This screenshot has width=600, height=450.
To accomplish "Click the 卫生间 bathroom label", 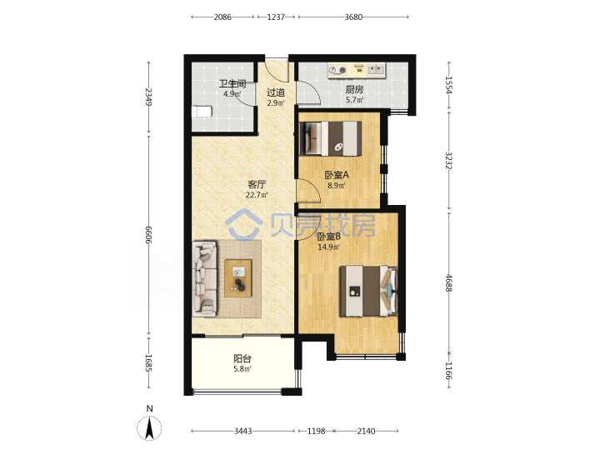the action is [232, 83].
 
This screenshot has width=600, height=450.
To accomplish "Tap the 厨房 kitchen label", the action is [354, 89].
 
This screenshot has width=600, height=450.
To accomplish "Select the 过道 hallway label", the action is [276, 92].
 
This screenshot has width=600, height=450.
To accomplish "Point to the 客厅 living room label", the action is [257, 184].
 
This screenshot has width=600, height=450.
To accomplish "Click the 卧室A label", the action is [337, 175].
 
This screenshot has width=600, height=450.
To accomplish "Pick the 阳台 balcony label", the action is [242, 358].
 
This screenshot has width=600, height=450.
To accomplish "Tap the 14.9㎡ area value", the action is [328, 247].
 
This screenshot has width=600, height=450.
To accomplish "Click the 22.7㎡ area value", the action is [257, 195].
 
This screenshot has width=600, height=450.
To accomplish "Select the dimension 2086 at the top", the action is [222, 17].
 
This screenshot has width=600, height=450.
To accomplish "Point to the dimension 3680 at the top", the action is [353, 17].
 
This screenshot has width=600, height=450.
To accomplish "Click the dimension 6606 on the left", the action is [149, 235].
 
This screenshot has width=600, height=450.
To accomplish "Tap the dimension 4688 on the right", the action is [449, 283].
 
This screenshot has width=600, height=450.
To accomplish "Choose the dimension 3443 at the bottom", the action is [243, 432].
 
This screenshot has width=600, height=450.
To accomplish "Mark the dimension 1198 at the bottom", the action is [316, 432].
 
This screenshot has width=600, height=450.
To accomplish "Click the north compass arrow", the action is [149, 427].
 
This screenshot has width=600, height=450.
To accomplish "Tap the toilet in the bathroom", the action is [202, 112].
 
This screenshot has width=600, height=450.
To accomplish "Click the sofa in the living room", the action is [205, 279].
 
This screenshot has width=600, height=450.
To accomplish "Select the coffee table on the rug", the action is [238, 278].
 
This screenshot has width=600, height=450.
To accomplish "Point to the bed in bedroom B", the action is [368, 291].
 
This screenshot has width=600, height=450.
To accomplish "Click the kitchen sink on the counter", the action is [376, 70].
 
